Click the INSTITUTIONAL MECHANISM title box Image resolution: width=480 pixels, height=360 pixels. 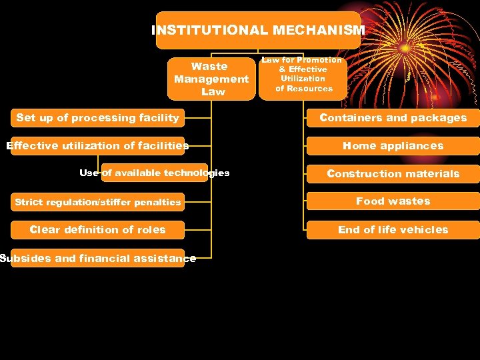tap(258, 31)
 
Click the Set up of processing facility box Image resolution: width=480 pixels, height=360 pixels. tap(97, 118)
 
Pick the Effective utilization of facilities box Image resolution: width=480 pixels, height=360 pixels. tap(97, 145)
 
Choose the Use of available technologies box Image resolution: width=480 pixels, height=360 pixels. tap(154, 173)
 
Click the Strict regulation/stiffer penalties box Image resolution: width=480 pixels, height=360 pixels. tap(97, 201)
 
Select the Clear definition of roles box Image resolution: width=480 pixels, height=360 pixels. tap(97, 229)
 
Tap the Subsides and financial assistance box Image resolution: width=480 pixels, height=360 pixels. tap(97, 258)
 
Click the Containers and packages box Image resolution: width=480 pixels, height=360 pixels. tap(393, 118)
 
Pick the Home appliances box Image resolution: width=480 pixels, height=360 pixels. tap(393, 145)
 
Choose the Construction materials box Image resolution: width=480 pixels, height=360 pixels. tap(393, 173)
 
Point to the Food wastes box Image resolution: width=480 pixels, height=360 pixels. tap(393, 201)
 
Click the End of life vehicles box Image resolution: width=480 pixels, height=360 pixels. tap(393, 229)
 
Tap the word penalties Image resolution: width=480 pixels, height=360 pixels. tap(157, 202)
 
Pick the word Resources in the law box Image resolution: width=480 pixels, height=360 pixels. tap(309, 89)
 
